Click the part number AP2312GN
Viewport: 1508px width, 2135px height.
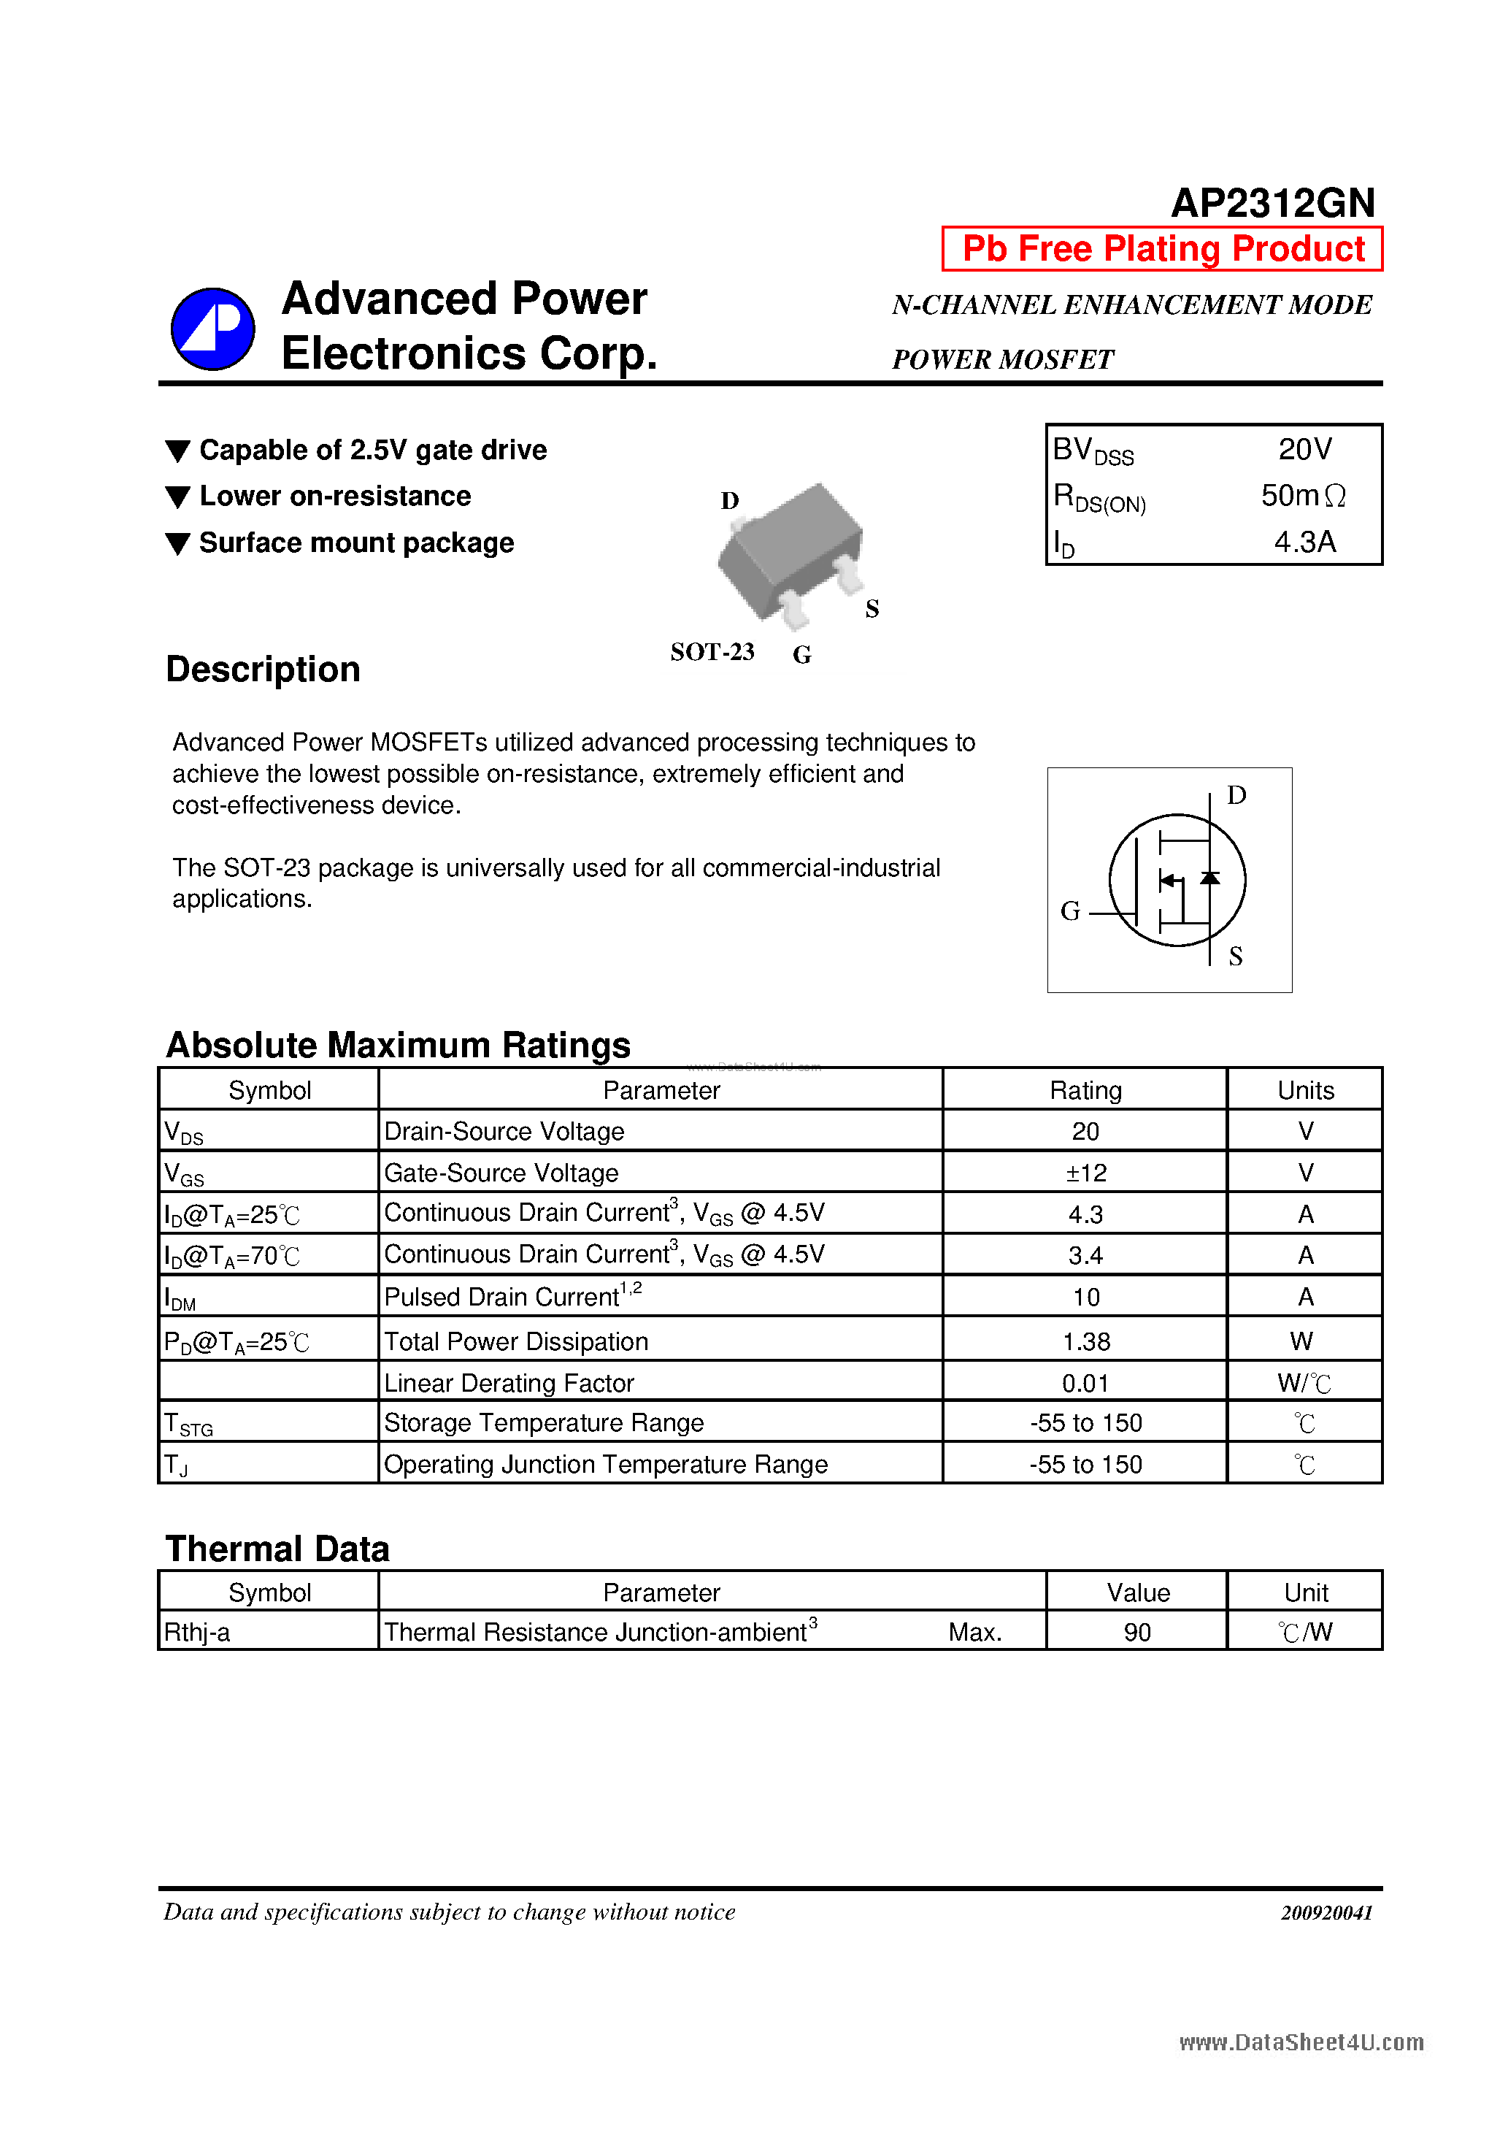[x=1272, y=203]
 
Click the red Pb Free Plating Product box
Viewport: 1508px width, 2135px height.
[x=1162, y=249]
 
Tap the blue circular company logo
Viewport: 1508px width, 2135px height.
[x=213, y=329]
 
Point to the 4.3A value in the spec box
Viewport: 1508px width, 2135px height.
[x=1304, y=541]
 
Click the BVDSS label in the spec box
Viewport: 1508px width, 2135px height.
[x=1093, y=451]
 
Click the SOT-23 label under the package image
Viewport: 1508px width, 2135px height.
[x=712, y=652]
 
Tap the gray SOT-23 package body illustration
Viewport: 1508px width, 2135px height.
[x=790, y=548]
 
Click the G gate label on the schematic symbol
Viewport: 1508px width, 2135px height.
[x=1070, y=911]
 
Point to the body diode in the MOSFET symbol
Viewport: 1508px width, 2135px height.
[x=1209, y=878]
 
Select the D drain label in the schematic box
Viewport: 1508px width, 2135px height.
[x=1236, y=796]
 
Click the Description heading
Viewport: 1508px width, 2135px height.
[x=263, y=670]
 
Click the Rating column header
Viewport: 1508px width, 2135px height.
[x=1085, y=1090]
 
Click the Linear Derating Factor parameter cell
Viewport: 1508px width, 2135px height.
[x=509, y=1383]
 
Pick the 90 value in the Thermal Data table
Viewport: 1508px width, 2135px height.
[x=1136, y=1632]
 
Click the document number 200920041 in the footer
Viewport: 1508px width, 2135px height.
[x=1326, y=1913]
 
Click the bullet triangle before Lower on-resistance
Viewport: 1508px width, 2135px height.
[x=177, y=497]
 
